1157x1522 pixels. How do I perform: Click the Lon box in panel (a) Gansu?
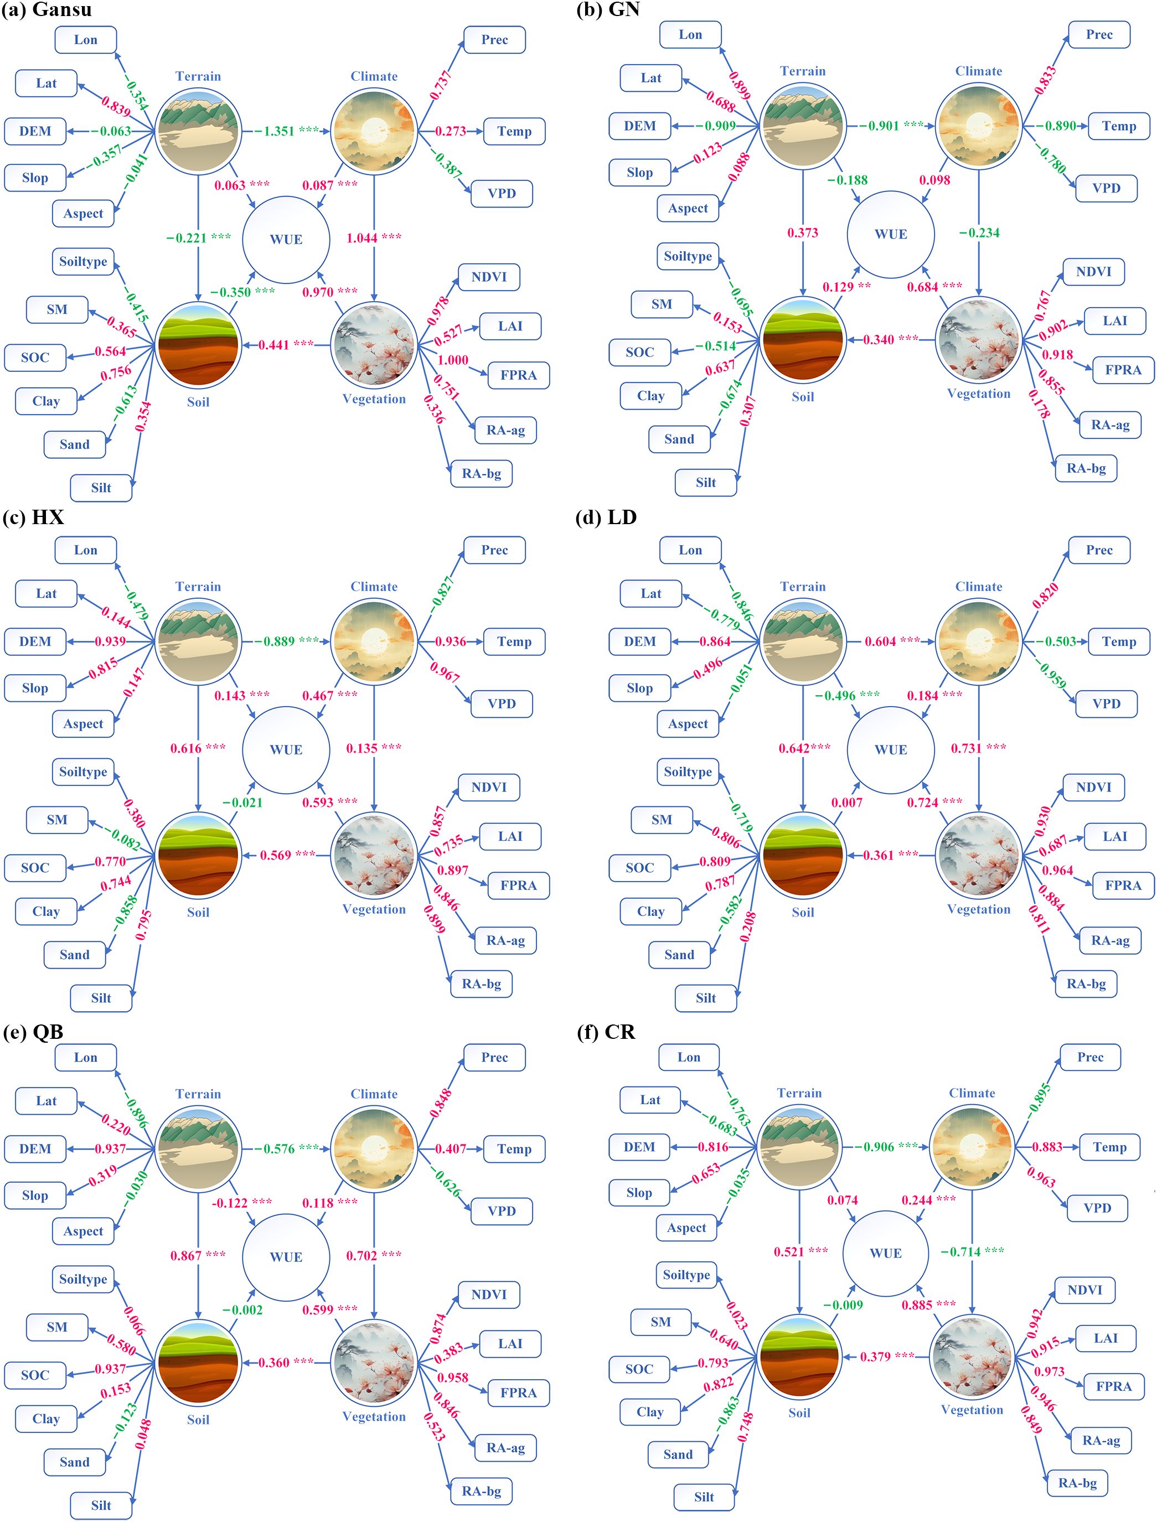tap(85, 40)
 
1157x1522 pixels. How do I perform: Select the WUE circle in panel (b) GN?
tap(891, 234)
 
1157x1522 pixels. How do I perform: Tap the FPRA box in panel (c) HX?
tap(518, 886)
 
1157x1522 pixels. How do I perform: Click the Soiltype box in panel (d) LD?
tap(688, 772)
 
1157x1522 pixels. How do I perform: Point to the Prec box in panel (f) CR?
tap(1089, 1057)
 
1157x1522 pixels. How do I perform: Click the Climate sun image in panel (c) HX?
tap(374, 641)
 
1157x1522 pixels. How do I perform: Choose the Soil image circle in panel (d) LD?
tap(802, 855)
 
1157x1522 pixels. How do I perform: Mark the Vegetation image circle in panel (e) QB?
tap(374, 1362)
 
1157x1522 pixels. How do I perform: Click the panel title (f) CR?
tap(606, 1032)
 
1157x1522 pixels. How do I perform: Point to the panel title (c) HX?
tap(33, 517)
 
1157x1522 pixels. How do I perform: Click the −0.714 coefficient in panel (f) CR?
tap(960, 1251)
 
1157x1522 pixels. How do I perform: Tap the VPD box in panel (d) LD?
tap(1106, 703)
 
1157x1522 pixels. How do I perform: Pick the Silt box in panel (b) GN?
tap(705, 483)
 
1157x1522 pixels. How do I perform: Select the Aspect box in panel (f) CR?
tap(686, 1228)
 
